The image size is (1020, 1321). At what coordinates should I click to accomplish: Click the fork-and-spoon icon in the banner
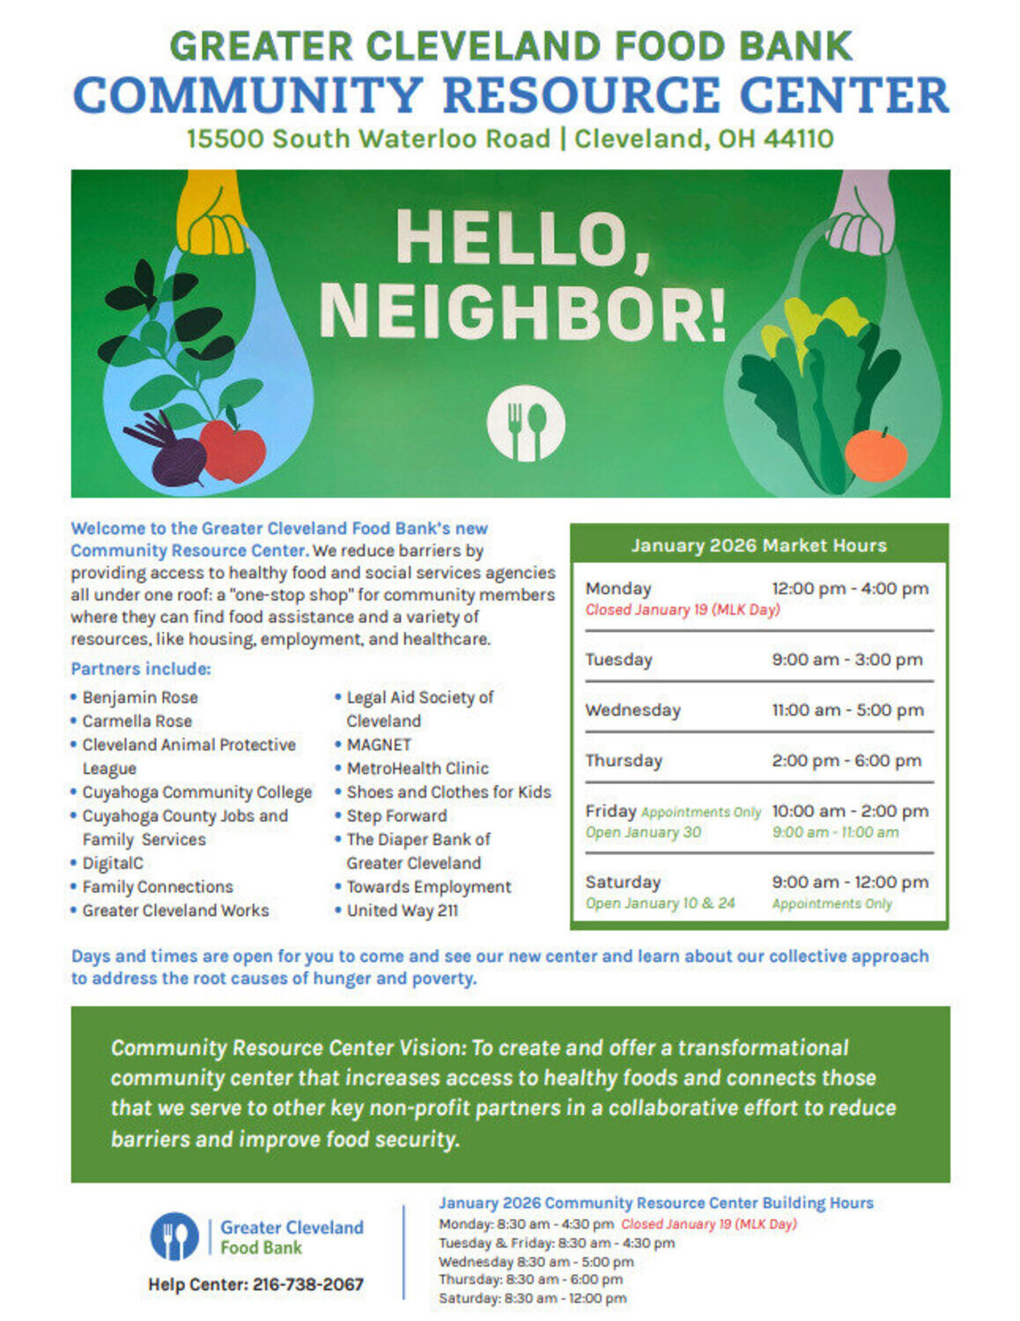526,423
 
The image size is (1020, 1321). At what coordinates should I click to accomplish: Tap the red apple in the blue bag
233,450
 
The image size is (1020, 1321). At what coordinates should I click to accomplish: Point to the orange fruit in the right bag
876,454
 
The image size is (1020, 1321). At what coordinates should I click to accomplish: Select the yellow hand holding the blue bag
211,216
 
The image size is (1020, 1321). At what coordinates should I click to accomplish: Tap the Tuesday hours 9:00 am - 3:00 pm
847,660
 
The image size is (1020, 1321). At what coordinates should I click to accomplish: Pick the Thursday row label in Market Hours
624,761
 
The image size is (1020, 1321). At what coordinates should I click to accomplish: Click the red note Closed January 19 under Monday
683,609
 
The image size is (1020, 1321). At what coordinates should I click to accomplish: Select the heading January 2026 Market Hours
758,545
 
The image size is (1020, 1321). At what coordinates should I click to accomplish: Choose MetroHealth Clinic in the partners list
418,768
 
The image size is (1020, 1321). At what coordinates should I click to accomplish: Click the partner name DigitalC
113,863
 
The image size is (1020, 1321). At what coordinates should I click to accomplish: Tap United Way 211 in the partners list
403,911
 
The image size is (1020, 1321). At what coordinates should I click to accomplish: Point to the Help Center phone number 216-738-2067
308,1284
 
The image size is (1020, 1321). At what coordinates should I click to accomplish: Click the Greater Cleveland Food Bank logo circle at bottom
174,1236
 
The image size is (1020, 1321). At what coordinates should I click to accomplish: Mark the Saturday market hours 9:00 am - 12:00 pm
850,882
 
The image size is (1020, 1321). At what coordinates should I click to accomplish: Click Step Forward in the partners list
396,815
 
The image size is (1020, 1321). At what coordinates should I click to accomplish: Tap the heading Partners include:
141,668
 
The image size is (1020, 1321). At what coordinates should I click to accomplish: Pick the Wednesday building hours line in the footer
536,1261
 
